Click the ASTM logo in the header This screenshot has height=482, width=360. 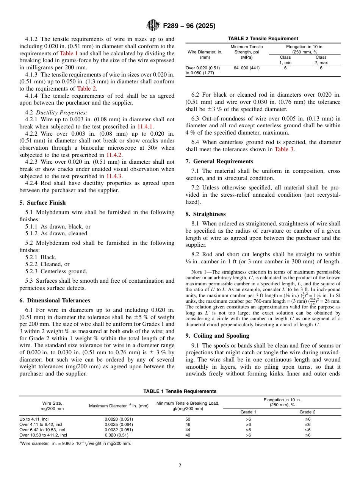pyautogui.click(x=153, y=26)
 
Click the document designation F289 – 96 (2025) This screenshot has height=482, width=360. pyautogui.click(x=189, y=26)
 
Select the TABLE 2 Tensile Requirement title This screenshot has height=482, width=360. pyautogui.click(x=263, y=39)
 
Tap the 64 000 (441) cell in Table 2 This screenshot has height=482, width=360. pyautogui.click(x=247, y=68)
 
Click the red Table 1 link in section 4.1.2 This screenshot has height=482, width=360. pyautogui.click(x=69, y=53)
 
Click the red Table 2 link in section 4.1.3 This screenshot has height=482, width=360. pyautogui.click(x=86, y=89)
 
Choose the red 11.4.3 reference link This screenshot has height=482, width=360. pyautogui.click(x=114, y=176)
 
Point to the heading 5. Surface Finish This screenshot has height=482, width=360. pyautogui.click(x=42, y=203)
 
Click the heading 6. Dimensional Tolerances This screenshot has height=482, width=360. pyautogui.click(x=55, y=300)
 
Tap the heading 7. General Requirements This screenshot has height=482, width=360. pyautogui.click(x=219, y=161)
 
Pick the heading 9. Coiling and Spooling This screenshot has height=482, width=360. pyautogui.click(x=218, y=336)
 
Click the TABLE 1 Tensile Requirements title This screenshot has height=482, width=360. pyautogui.click(x=180, y=391)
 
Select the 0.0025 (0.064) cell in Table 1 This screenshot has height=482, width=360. pyautogui.click(x=119, y=425)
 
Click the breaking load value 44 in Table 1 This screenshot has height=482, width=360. pyautogui.click(x=188, y=430)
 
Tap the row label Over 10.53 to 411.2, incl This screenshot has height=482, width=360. pyautogui.click(x=43, y=435)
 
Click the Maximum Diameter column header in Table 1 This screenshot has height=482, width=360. pyautogui.click(x=119, y=406)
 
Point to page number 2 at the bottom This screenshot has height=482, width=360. pyautogui.click(x=180, y=466)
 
